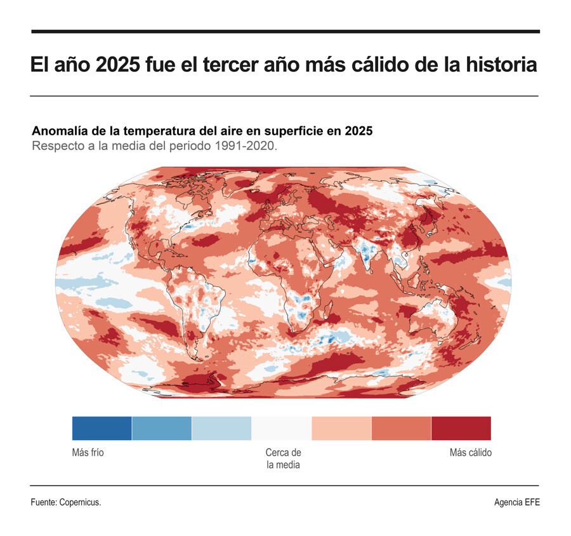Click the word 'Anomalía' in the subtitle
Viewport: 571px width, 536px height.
60,131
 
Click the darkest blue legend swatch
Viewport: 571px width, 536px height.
102,428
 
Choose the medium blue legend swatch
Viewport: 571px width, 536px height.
161,428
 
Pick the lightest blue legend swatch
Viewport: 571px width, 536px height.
221,428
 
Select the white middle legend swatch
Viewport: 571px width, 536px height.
281,428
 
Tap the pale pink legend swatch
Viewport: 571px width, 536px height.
341,428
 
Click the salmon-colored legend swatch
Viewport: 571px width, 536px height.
401,428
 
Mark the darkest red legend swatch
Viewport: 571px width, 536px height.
461,428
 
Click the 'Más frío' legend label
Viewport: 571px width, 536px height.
88,453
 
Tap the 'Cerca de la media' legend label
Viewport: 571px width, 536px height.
283,459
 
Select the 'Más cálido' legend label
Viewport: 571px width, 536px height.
470,453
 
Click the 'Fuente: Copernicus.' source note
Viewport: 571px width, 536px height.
66,502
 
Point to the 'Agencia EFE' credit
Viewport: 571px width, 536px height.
517,502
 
